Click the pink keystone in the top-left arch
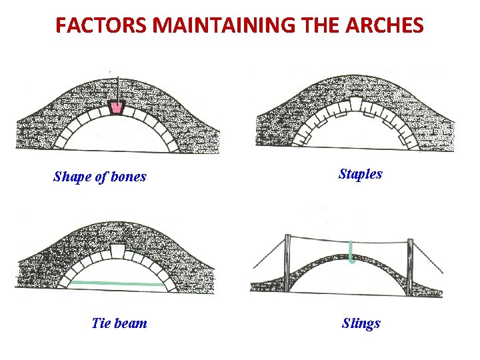(x=118, y=107)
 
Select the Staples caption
(x=361, y=174)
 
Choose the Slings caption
(x=361, y=323)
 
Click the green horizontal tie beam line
(x=117, y=284)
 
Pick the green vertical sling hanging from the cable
(x=351, y=252)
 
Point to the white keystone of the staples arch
(x=357, y=103)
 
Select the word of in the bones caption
(x=103, y=177)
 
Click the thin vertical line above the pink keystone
(x=117, y=88)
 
